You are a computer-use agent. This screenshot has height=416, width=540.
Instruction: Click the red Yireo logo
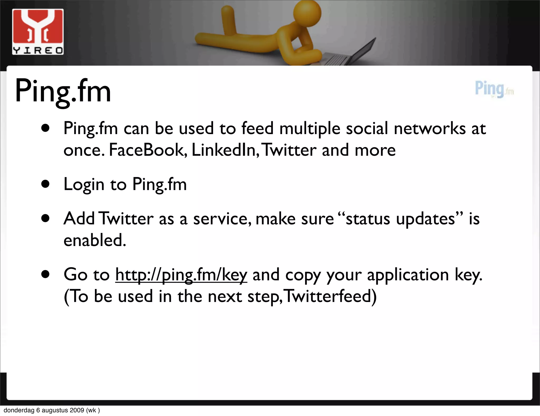pos(38,32)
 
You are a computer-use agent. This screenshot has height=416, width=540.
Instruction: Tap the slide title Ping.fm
pos(63,91)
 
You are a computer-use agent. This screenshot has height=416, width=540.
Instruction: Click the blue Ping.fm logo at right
pos(494,89)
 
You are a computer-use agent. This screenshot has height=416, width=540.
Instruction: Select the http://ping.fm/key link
pos(181,275)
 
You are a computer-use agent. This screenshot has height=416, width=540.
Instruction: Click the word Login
pos(84,185)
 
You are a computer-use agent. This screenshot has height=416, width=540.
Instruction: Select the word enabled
pos(95,240)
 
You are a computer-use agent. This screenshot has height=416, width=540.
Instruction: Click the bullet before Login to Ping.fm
pos(46,184)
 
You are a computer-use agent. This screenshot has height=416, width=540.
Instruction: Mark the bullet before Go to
pos(46,274)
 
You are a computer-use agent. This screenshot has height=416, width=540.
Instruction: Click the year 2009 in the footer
pos(77,410)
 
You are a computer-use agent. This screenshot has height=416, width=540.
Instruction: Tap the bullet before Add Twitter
pos(46,218)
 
